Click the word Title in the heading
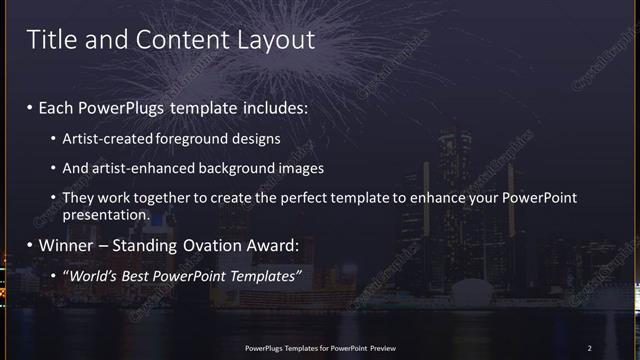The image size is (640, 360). click(49, 40)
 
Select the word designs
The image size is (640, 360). click(255, 138)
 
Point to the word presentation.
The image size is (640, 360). click(105, 214)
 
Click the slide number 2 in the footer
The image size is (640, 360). click(589, 348)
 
